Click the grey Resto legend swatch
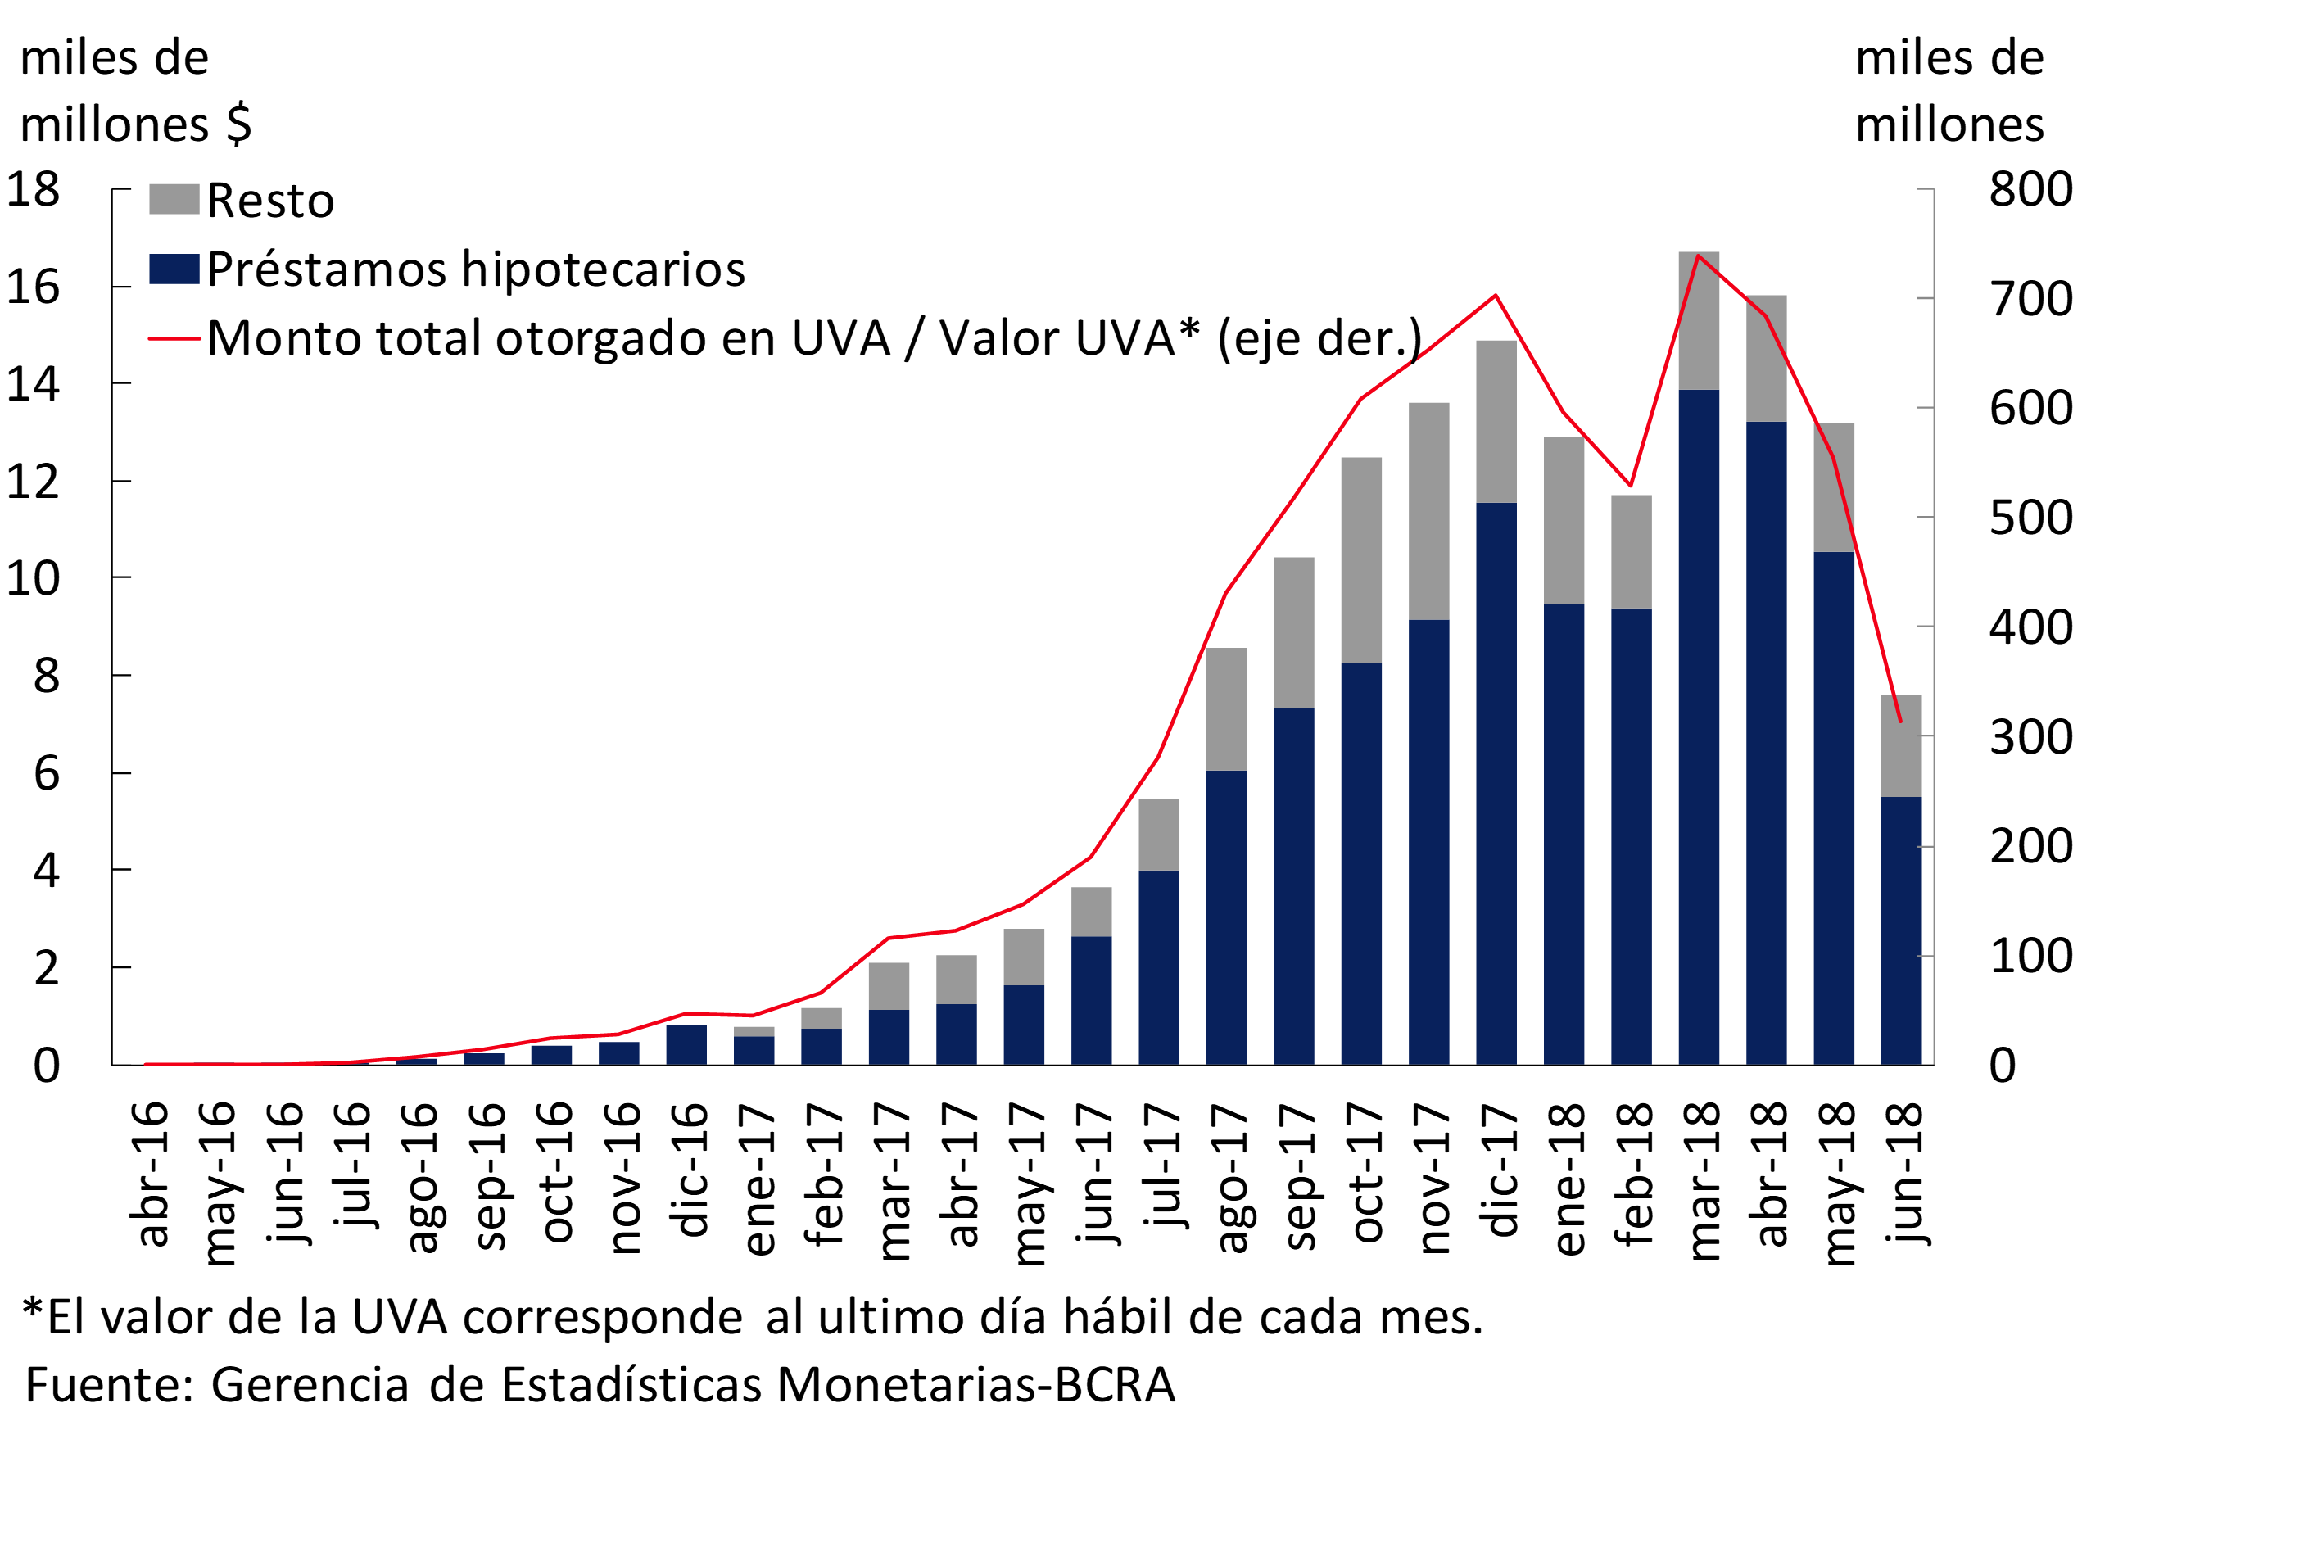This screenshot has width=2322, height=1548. (174, 199)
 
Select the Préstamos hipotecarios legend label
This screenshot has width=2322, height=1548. (476, 269)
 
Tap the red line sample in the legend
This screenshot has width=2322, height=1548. (174, 338)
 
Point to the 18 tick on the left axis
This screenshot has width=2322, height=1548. (34, 188)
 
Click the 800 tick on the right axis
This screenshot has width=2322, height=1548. (2030, 188)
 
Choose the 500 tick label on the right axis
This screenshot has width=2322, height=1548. (2030, 518)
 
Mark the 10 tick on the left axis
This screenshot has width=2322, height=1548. (34, 577)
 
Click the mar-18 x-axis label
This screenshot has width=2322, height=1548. (1703, 1181)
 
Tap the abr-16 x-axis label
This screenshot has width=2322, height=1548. (150, 1175)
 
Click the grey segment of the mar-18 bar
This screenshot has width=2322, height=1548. (1698, 321)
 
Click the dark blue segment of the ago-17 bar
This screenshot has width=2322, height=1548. (1226, 918)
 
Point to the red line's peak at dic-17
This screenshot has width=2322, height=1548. (1496, 295)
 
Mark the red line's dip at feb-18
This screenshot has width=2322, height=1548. (1631, 486)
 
